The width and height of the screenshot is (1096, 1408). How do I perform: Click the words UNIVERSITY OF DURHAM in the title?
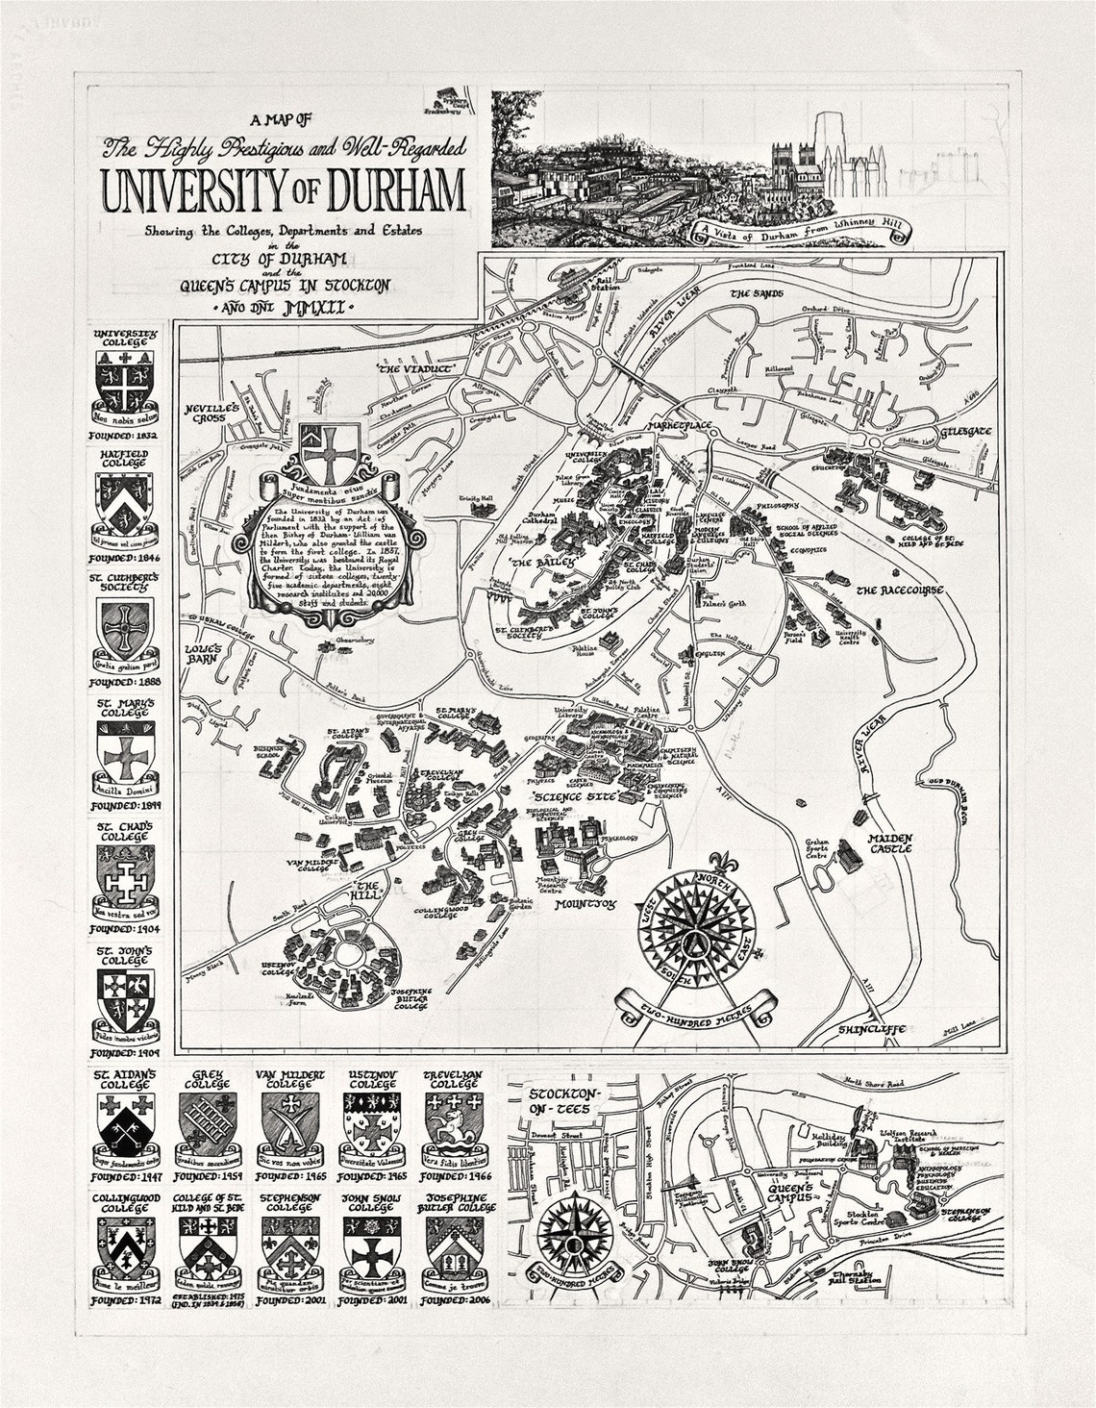click(x=285, y=191)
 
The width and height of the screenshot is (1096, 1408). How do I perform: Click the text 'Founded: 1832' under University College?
click(x=123, y=435)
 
